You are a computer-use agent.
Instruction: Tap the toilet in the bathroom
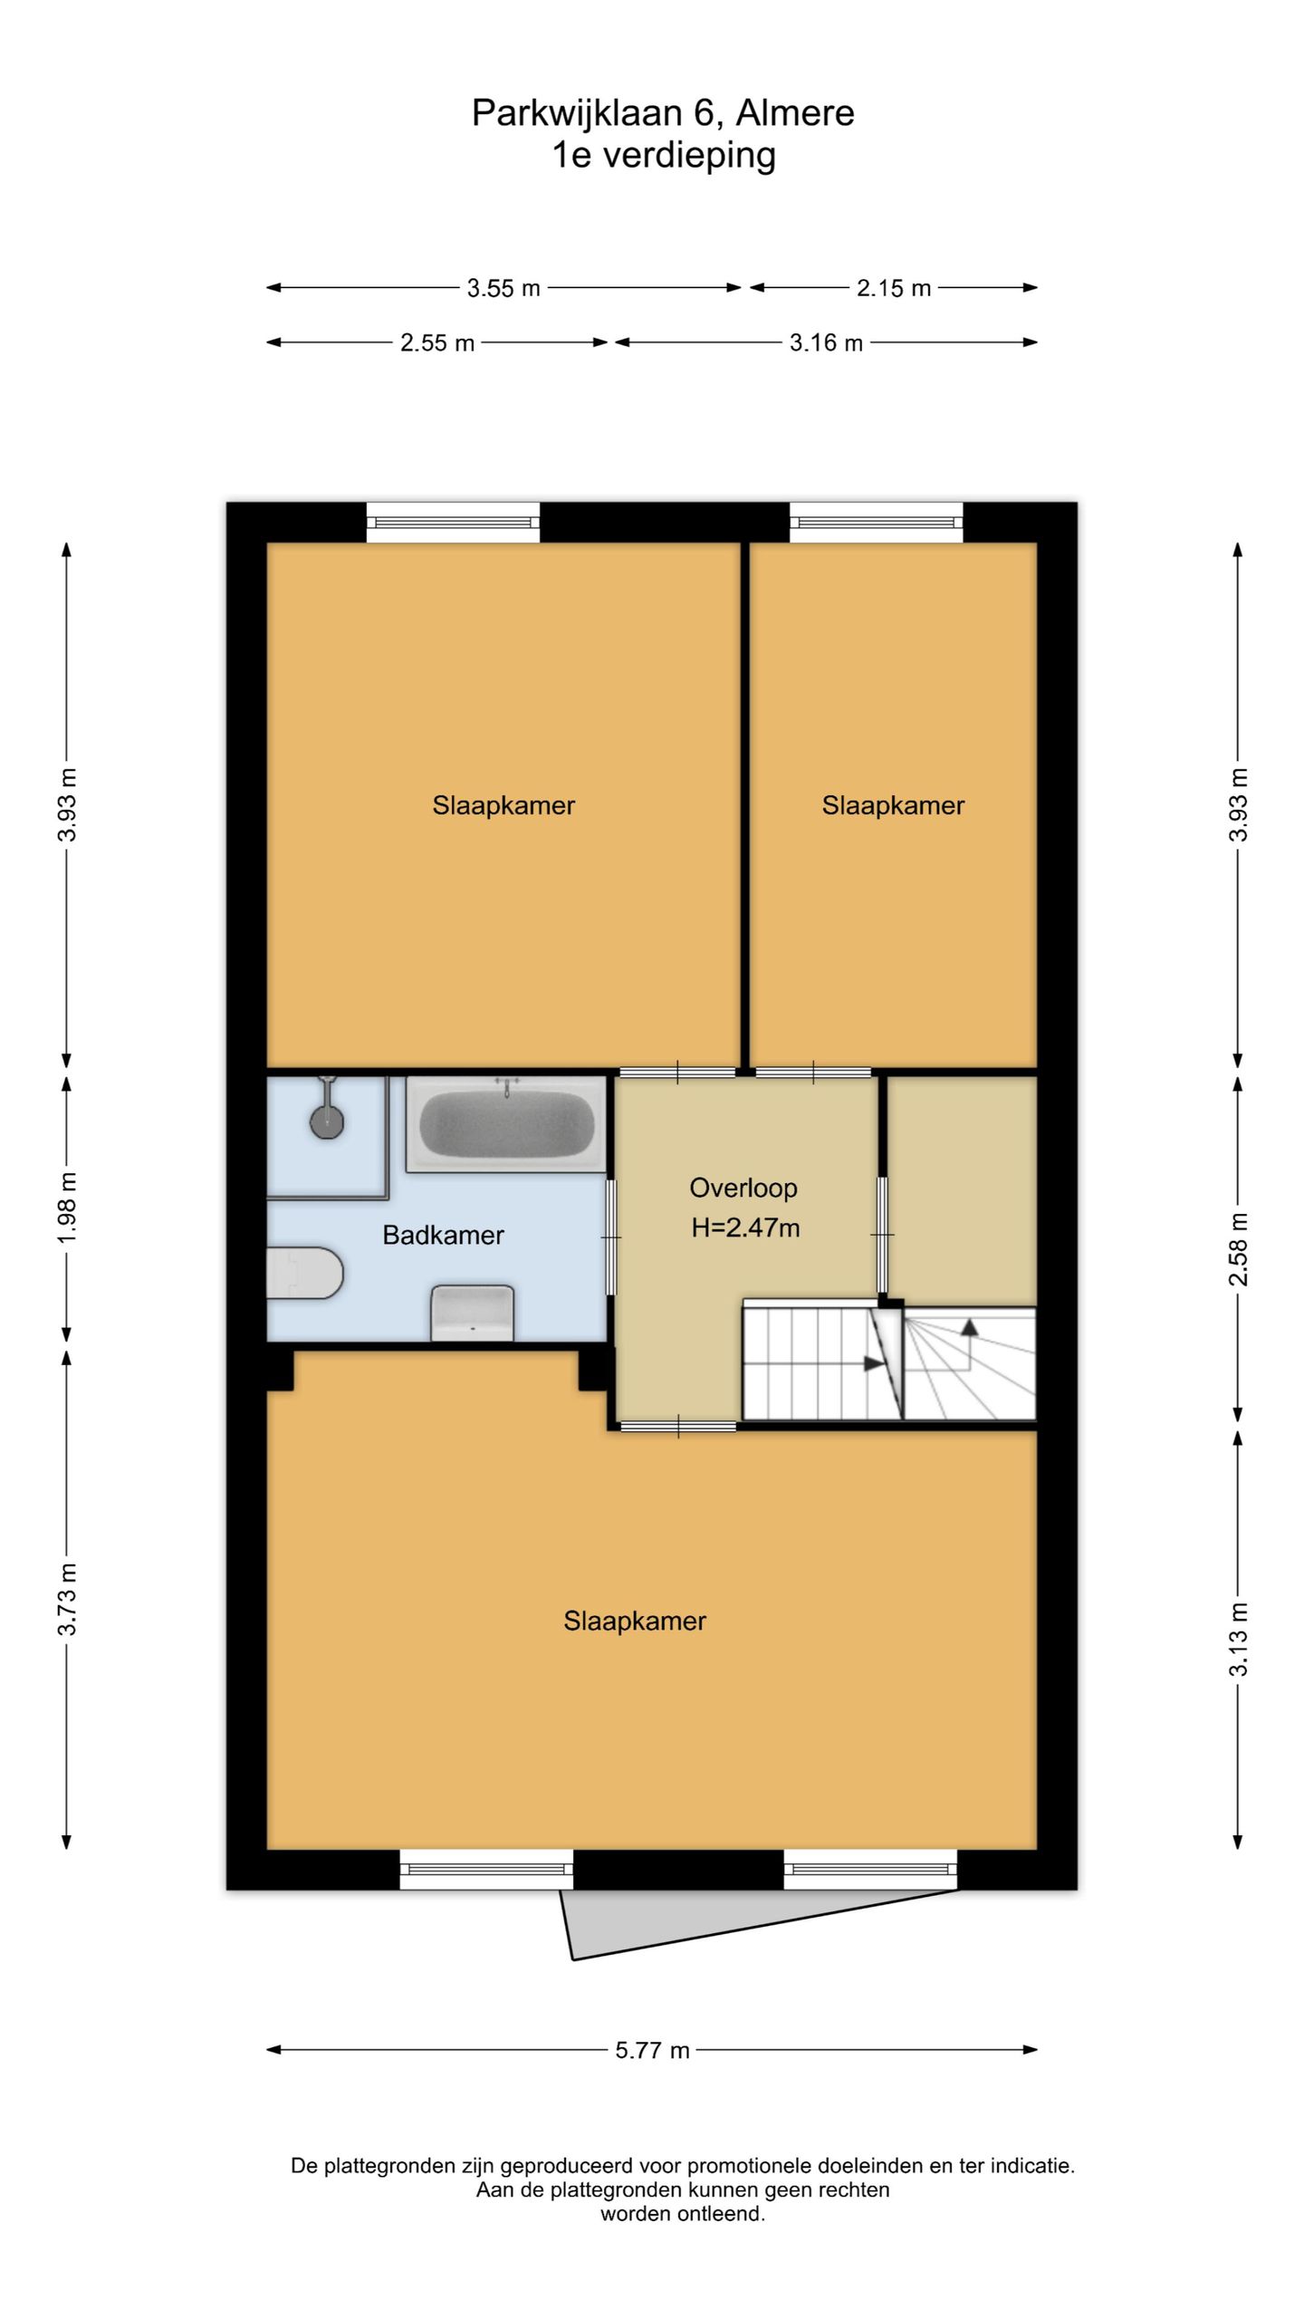click(304, 1273)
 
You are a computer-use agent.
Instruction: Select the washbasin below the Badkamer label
click(472, 1313)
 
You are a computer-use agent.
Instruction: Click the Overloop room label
click(743, 1188)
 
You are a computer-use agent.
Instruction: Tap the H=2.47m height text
click(745, 1228)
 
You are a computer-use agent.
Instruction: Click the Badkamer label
click(443, 1235)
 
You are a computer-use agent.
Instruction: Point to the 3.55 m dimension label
click(503, 288)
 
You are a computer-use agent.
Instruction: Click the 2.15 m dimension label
click(894, 288)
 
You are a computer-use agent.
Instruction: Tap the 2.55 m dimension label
click(437, 343)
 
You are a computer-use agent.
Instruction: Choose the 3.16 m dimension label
click(826, 343)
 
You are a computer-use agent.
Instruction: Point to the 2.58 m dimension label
click(1239, 1249)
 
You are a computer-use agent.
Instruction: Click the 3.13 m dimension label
click(1239, 1640)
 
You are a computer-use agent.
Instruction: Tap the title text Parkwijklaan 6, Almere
click(663, 113)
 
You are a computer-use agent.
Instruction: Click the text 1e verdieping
click(664, 155)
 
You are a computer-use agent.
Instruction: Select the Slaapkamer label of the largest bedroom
click(635, 1621)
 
